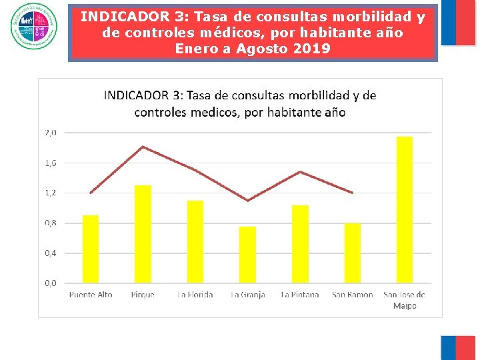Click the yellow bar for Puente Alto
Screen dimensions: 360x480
pos(91,249)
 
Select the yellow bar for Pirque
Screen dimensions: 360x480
pos(143,234)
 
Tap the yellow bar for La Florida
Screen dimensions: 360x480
pos(195,241)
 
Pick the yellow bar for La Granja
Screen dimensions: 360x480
pos(247,255)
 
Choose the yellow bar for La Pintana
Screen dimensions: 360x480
pos(300,244)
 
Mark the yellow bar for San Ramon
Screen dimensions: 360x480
pos(352,253)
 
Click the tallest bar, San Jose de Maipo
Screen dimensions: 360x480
pos(405,209)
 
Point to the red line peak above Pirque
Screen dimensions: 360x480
pos(143,147)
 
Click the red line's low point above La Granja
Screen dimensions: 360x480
pos(247,200)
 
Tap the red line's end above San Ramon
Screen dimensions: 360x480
pos(352,193)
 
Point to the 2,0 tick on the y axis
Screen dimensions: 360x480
pos(51,133)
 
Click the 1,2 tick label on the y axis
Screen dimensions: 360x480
pos(51,193)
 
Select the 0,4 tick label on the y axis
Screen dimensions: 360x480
pos(51,253)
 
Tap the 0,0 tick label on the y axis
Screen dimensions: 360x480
pos(51,283)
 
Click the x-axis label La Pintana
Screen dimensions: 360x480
pos(300,295)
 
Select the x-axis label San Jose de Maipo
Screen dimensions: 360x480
pos(405,299)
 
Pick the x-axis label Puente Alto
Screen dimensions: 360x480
pos(91,295)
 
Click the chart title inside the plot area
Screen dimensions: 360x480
pos(240,103)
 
